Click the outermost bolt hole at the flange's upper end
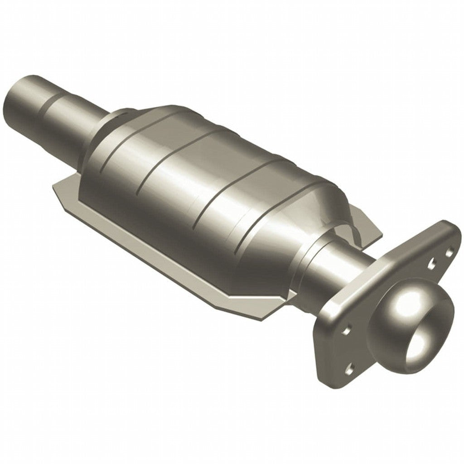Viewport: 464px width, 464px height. click(x=451, y=249)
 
